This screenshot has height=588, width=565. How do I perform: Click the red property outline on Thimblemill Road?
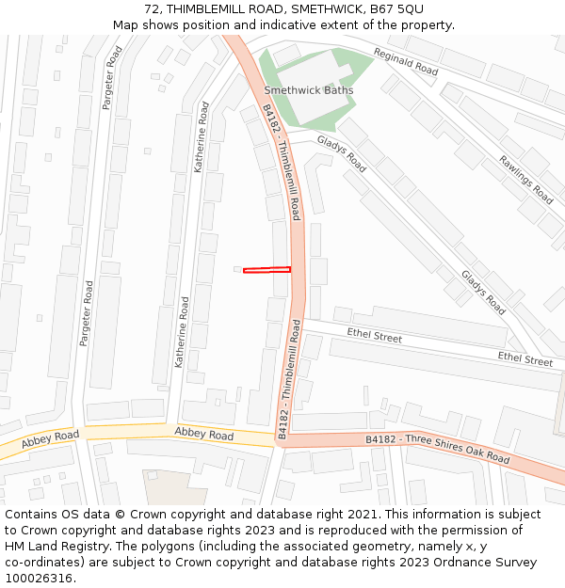pos(266,271)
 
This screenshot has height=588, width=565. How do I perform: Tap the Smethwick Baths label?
pos(309,90)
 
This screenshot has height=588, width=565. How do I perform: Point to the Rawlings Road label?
pos(525,179)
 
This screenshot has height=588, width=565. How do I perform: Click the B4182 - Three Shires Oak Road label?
pos(438,449)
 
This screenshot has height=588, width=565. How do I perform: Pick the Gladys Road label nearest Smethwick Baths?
pos(341,152)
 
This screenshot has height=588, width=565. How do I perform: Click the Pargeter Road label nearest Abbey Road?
pos(87,312)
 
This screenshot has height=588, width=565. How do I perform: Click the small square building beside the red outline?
pos(237,269)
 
